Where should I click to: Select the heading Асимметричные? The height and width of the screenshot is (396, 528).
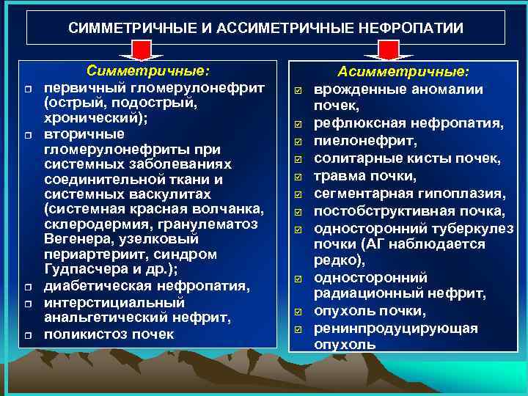point(403,72)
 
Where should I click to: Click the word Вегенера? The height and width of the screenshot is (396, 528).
point(76,240)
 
